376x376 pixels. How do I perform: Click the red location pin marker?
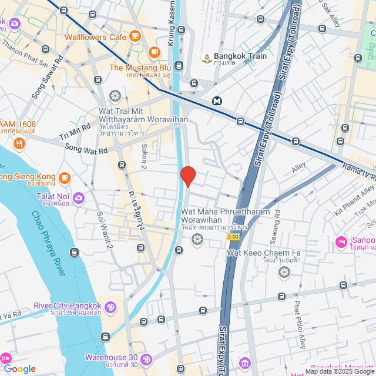click(188, 176)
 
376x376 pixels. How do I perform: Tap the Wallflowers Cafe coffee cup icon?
click(135, 36)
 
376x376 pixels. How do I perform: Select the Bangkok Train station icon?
click(207, 57)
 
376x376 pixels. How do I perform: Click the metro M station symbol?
click(218, 100)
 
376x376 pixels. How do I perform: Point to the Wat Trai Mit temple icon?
click(115, 95)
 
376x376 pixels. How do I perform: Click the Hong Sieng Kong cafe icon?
click(64, 176)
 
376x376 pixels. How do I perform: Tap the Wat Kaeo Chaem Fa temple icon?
click(284, 272)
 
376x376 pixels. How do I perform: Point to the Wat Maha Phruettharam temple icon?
click(197, 239)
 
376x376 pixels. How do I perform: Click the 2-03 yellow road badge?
click(233, 237)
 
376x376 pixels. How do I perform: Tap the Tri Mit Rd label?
click(75, 133)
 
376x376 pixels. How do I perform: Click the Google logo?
click(19, 369)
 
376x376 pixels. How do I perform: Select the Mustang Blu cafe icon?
click(155, 52)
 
